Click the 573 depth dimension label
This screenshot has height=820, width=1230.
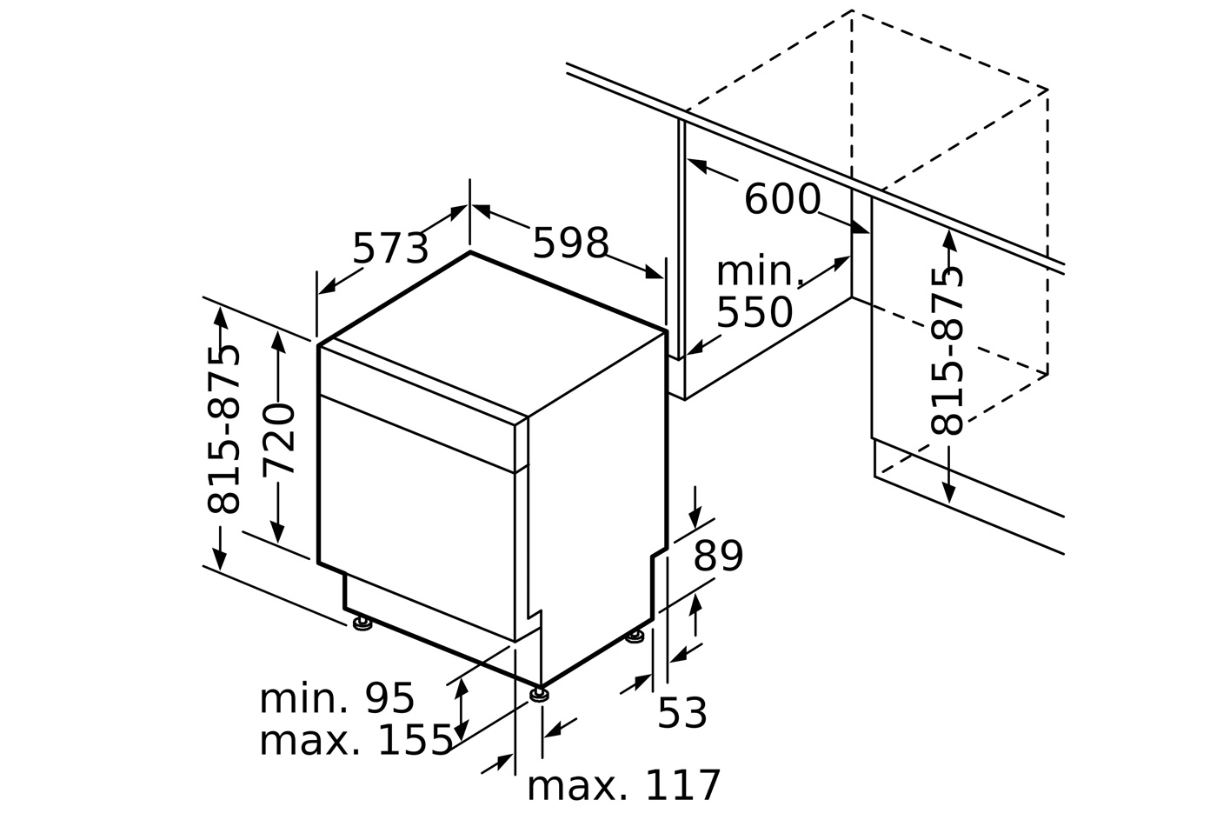coord(390,250)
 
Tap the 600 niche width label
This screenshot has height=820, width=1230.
coord(781,199)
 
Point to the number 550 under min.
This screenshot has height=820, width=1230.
coord(754,313)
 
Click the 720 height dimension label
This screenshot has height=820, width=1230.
coord(279,438)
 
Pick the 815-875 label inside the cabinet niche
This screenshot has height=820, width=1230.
coord(947,351)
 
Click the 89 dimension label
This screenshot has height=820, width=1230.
coord(718,557)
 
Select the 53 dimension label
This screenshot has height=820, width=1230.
coord(681,714)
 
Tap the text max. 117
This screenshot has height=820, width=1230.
coord(623,786)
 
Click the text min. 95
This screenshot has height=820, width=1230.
coord(336,698)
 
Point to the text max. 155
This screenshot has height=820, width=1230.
coord(356,740)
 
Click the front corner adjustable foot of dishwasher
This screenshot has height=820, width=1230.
coord(539,694)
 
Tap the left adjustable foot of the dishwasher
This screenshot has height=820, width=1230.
coord(362,623)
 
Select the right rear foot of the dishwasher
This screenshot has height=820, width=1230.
coord(635,637)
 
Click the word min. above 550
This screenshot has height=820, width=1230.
coord(758,272)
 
